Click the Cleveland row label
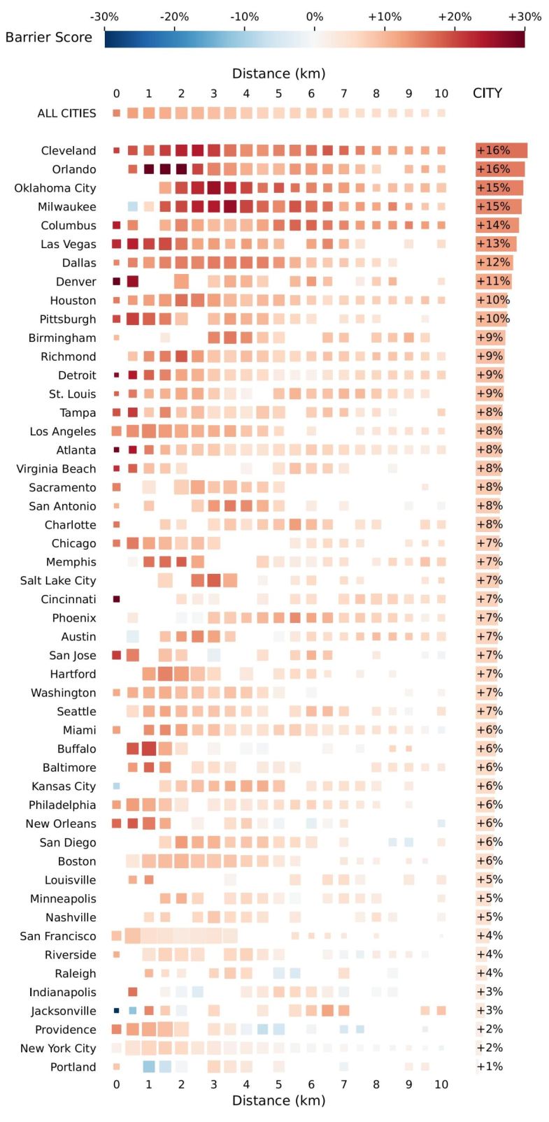pyautogui.click(x=69, y=151)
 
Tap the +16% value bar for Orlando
pyautogui.click(x=499, y=169)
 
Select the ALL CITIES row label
pyautogui.click(x=66, y=113)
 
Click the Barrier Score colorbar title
pyautogui.click(x=48, y=38)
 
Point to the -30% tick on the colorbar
pyautogui.click(x=105, y=17)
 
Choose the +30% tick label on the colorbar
pyautogui.click(x=525, y=17)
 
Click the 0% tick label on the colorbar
pyautogui.click(x=315, y=17)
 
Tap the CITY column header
pyautogui.click(x=487, y=94)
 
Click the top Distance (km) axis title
pyautogui.click(x=278, y=74)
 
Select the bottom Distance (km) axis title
pyautogui.click(x=278, y=1100)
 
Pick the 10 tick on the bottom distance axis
pyautogui.click(x=441, y=1084)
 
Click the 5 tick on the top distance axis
pyautogui.click(x=278, y=94)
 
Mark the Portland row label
pyautogui.click(x=73, y=1067)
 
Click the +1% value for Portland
pyautogui.click(x=490, y=1067)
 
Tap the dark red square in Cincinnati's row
pyautogui.click(x=117, y=599)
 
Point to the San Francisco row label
pyautogui.click(x=58, y=936)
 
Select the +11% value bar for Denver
pyautogui.click(x=493, y=282)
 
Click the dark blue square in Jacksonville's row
pyautogui.click(x=117, y=1010)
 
